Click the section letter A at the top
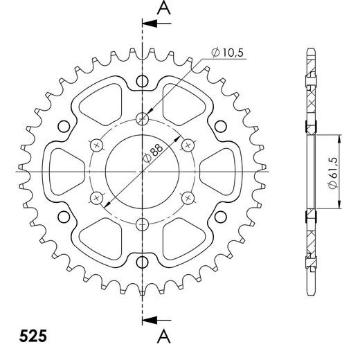(x=163, y=8)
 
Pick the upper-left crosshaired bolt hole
(x=97, y=144)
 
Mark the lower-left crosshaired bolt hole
(x=97, y=197)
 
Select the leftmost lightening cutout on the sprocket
(x=61, y=170)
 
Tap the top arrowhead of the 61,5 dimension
(x=339, y=136)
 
